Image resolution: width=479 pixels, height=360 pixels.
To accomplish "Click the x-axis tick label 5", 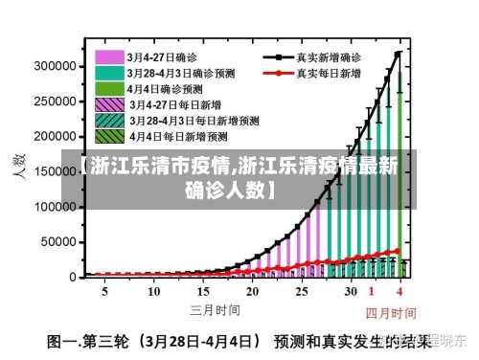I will tap(104, 291).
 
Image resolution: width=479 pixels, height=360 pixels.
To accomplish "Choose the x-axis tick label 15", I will tap(202, 291).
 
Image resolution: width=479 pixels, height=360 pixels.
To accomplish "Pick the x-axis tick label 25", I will tap(302, 291).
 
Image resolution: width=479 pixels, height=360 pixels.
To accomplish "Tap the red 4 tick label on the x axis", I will tap(399, 291).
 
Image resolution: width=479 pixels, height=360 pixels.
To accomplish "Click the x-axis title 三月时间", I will tap(215, 309).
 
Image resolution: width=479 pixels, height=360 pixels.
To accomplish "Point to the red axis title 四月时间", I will tap(390, 313).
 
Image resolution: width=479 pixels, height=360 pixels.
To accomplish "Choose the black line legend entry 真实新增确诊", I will tap(279, 56).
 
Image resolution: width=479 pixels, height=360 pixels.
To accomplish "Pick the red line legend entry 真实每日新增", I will tap(279, 72).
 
